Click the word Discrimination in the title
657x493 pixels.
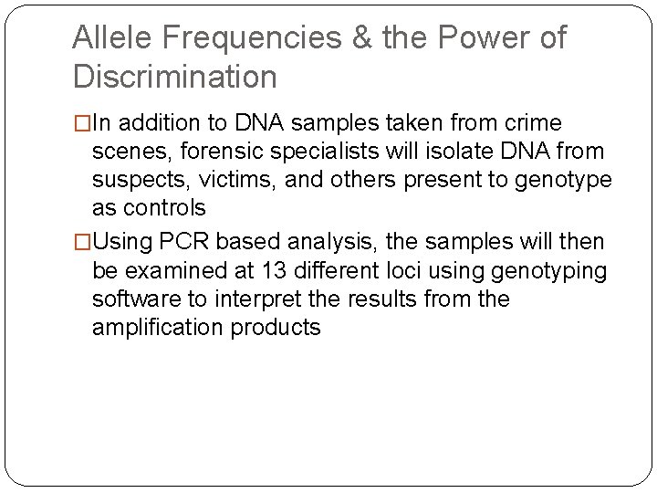click(x=174, y=78)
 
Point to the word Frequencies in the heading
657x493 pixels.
click(x=250, y=38)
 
